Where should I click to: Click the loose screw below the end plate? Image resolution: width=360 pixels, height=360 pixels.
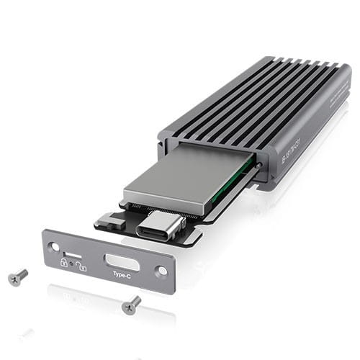[x=131, y=305]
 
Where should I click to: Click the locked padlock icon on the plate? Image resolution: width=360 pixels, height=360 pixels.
[x=64, y=262]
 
